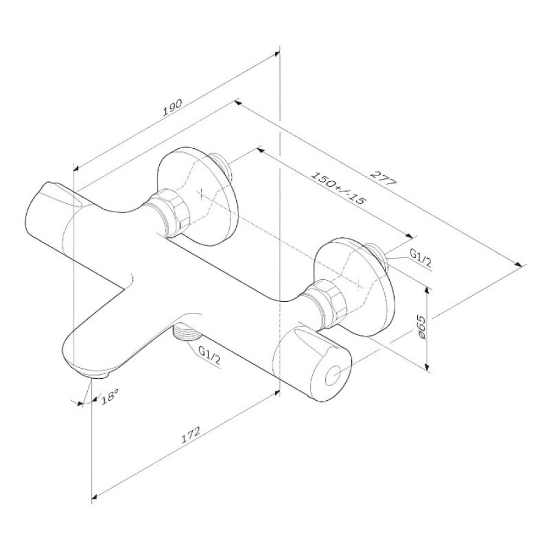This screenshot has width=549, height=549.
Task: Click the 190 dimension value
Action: coord(173,107)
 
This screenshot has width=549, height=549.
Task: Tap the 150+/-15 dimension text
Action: coord(338,188)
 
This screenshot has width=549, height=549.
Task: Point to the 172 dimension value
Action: coord(190,435)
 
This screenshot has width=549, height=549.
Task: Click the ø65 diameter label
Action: coord(421,327)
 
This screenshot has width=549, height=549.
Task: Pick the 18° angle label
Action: coord(110,398)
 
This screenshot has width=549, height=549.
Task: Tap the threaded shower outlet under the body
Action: coord(187,332)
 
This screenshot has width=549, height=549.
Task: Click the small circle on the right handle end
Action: coord(332,377)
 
